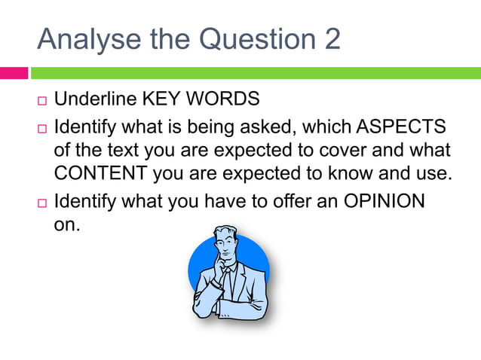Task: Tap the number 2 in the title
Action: tap(332, 39)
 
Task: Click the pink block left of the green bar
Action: tap(14, 73)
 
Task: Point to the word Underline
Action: tap(93, 99)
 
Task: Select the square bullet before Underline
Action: tap(41, 100)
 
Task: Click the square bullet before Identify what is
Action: tap(41, 126)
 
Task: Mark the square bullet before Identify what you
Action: tap(41, 203)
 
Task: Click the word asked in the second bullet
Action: tap(270, 124)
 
